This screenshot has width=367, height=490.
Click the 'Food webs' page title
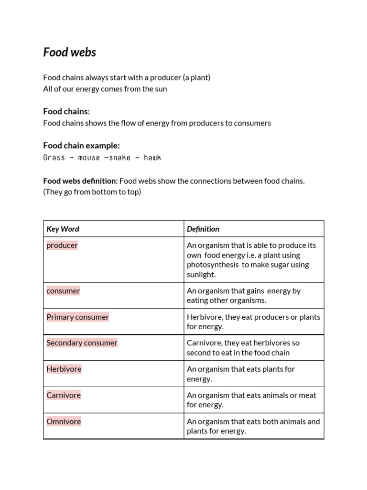click(69, 52)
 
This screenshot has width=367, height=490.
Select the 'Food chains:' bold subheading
click(66, 111)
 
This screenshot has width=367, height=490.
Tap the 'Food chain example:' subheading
click(81, 145)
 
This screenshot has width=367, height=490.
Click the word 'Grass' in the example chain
click(54, 157)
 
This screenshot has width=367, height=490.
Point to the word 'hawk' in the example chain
click(152, 157)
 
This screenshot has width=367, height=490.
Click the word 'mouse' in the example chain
click(89, 157)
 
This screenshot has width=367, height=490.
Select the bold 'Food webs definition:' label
click(80, 181)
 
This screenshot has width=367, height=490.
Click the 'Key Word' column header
click(63, 229)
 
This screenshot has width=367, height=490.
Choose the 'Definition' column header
click(203, 229)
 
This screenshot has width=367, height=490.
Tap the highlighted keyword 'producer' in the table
click(62, 245)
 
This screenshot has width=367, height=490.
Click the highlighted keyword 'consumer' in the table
click(63, 291)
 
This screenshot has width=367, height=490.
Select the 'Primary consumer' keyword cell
click(77, 317)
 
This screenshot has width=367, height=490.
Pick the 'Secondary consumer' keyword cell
click(82, 343)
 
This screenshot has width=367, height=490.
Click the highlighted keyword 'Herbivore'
click(64, 369)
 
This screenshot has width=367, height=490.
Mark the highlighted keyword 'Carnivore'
click(64, 395)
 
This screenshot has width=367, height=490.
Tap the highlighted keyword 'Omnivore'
click(64, 422)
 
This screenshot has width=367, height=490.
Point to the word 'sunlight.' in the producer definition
click(201, 275)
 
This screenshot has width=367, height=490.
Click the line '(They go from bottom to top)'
click(92, 192)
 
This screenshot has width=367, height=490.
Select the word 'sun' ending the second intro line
click(161, 89)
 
